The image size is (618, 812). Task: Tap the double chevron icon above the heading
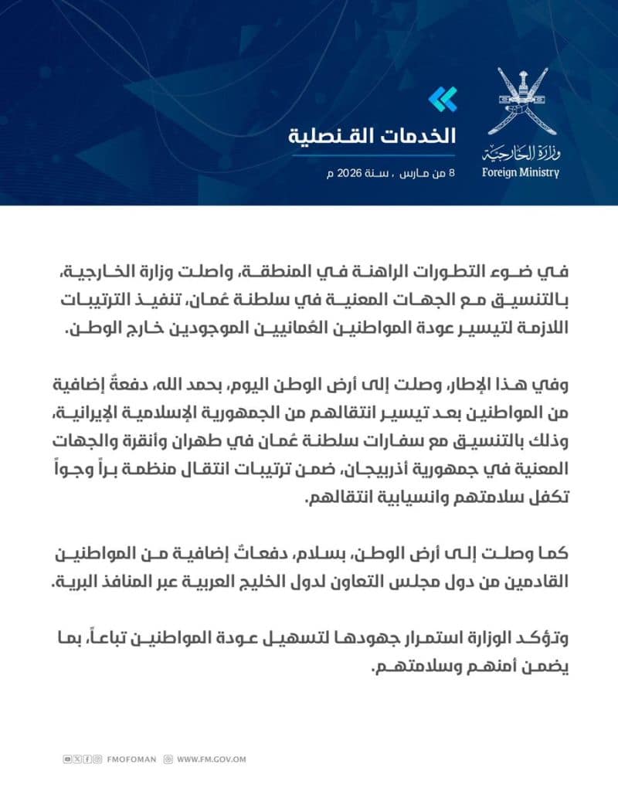pyautogui.click(x=443, y=99)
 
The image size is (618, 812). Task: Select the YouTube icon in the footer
pyautogui.click(x=69, y=759)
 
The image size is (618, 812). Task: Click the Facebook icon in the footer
pyautogui.click(x=87, y=759)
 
